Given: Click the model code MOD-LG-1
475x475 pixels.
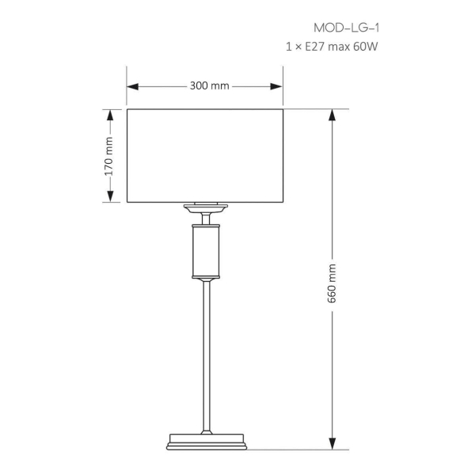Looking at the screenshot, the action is coord(346,28).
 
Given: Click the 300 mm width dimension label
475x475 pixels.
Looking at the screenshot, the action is coord(209,85).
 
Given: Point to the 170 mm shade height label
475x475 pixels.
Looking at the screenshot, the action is coord(108,156).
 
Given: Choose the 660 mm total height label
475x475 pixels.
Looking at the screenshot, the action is coord(332,283).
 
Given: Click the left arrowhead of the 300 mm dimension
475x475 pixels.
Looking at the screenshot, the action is coord(133,86).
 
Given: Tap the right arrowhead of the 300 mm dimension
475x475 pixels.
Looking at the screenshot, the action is coord(276,86).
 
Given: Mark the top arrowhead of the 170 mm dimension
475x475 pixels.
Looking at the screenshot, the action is coord(110,116).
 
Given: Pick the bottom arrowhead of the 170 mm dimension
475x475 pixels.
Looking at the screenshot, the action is coord(110,196).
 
